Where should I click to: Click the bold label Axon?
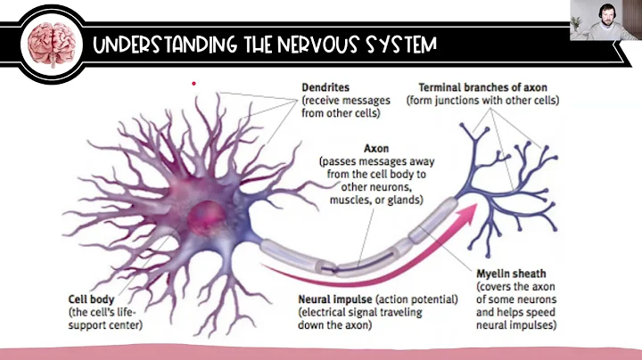pos(378,147)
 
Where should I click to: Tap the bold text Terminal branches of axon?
pos(482,88)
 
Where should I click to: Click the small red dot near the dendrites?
pos(193,83)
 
